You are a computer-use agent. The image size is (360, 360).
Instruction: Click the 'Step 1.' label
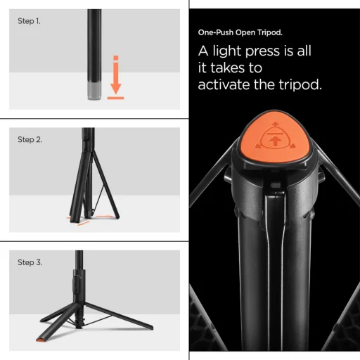point(29,21)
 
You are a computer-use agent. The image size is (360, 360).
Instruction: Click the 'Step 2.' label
point(30,139)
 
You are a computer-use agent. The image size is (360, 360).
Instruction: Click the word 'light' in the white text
point(233,51)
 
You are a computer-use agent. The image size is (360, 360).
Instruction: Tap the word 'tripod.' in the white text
point(303,85)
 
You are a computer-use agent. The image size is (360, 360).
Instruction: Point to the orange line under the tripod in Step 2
point(79,219)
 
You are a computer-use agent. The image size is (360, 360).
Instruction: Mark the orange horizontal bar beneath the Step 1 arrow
point(116,99)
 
